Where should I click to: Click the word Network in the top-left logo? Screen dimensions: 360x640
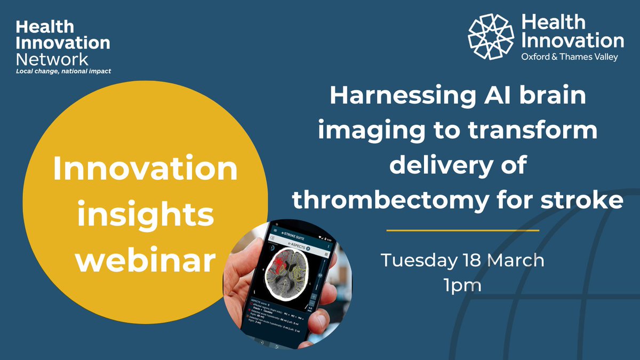click(52, 59)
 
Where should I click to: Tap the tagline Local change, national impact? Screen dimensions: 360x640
click(63, 71)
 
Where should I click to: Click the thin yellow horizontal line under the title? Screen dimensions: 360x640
click(462, 230)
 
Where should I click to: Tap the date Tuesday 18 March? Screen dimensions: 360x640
click(462, 261)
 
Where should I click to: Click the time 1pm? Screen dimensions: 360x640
click(462, 285)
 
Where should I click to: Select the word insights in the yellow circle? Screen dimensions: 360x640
click(145, 216)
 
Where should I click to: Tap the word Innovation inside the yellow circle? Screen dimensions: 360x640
click(145, 171)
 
